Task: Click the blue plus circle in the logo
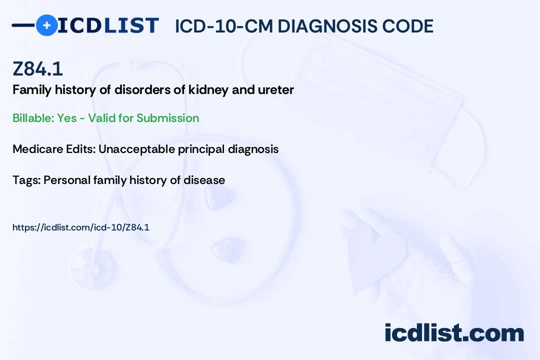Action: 47,25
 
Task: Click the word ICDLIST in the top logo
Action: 108,25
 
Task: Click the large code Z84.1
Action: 37,69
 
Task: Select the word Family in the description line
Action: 32,90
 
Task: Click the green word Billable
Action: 33,118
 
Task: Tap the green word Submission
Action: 167,118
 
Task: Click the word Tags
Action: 26,180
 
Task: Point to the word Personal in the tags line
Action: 67,180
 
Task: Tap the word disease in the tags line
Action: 204,180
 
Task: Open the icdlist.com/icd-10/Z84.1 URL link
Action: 81,227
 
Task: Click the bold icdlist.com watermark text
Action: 454,333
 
